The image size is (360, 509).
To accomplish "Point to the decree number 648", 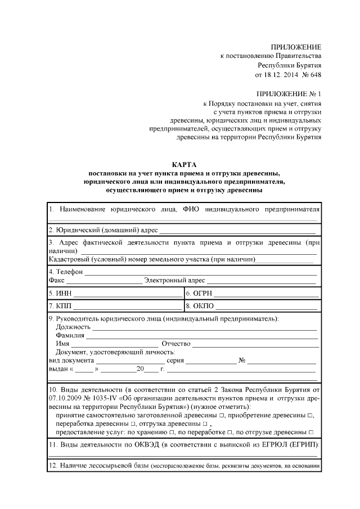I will [x=316, y=75].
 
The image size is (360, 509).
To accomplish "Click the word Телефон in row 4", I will [x=69, y=272].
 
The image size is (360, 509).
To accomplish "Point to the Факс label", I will [x=57, y=280].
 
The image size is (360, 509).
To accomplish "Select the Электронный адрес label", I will [x=174, y=280].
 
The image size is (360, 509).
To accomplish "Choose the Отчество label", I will [x=176, y=344].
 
